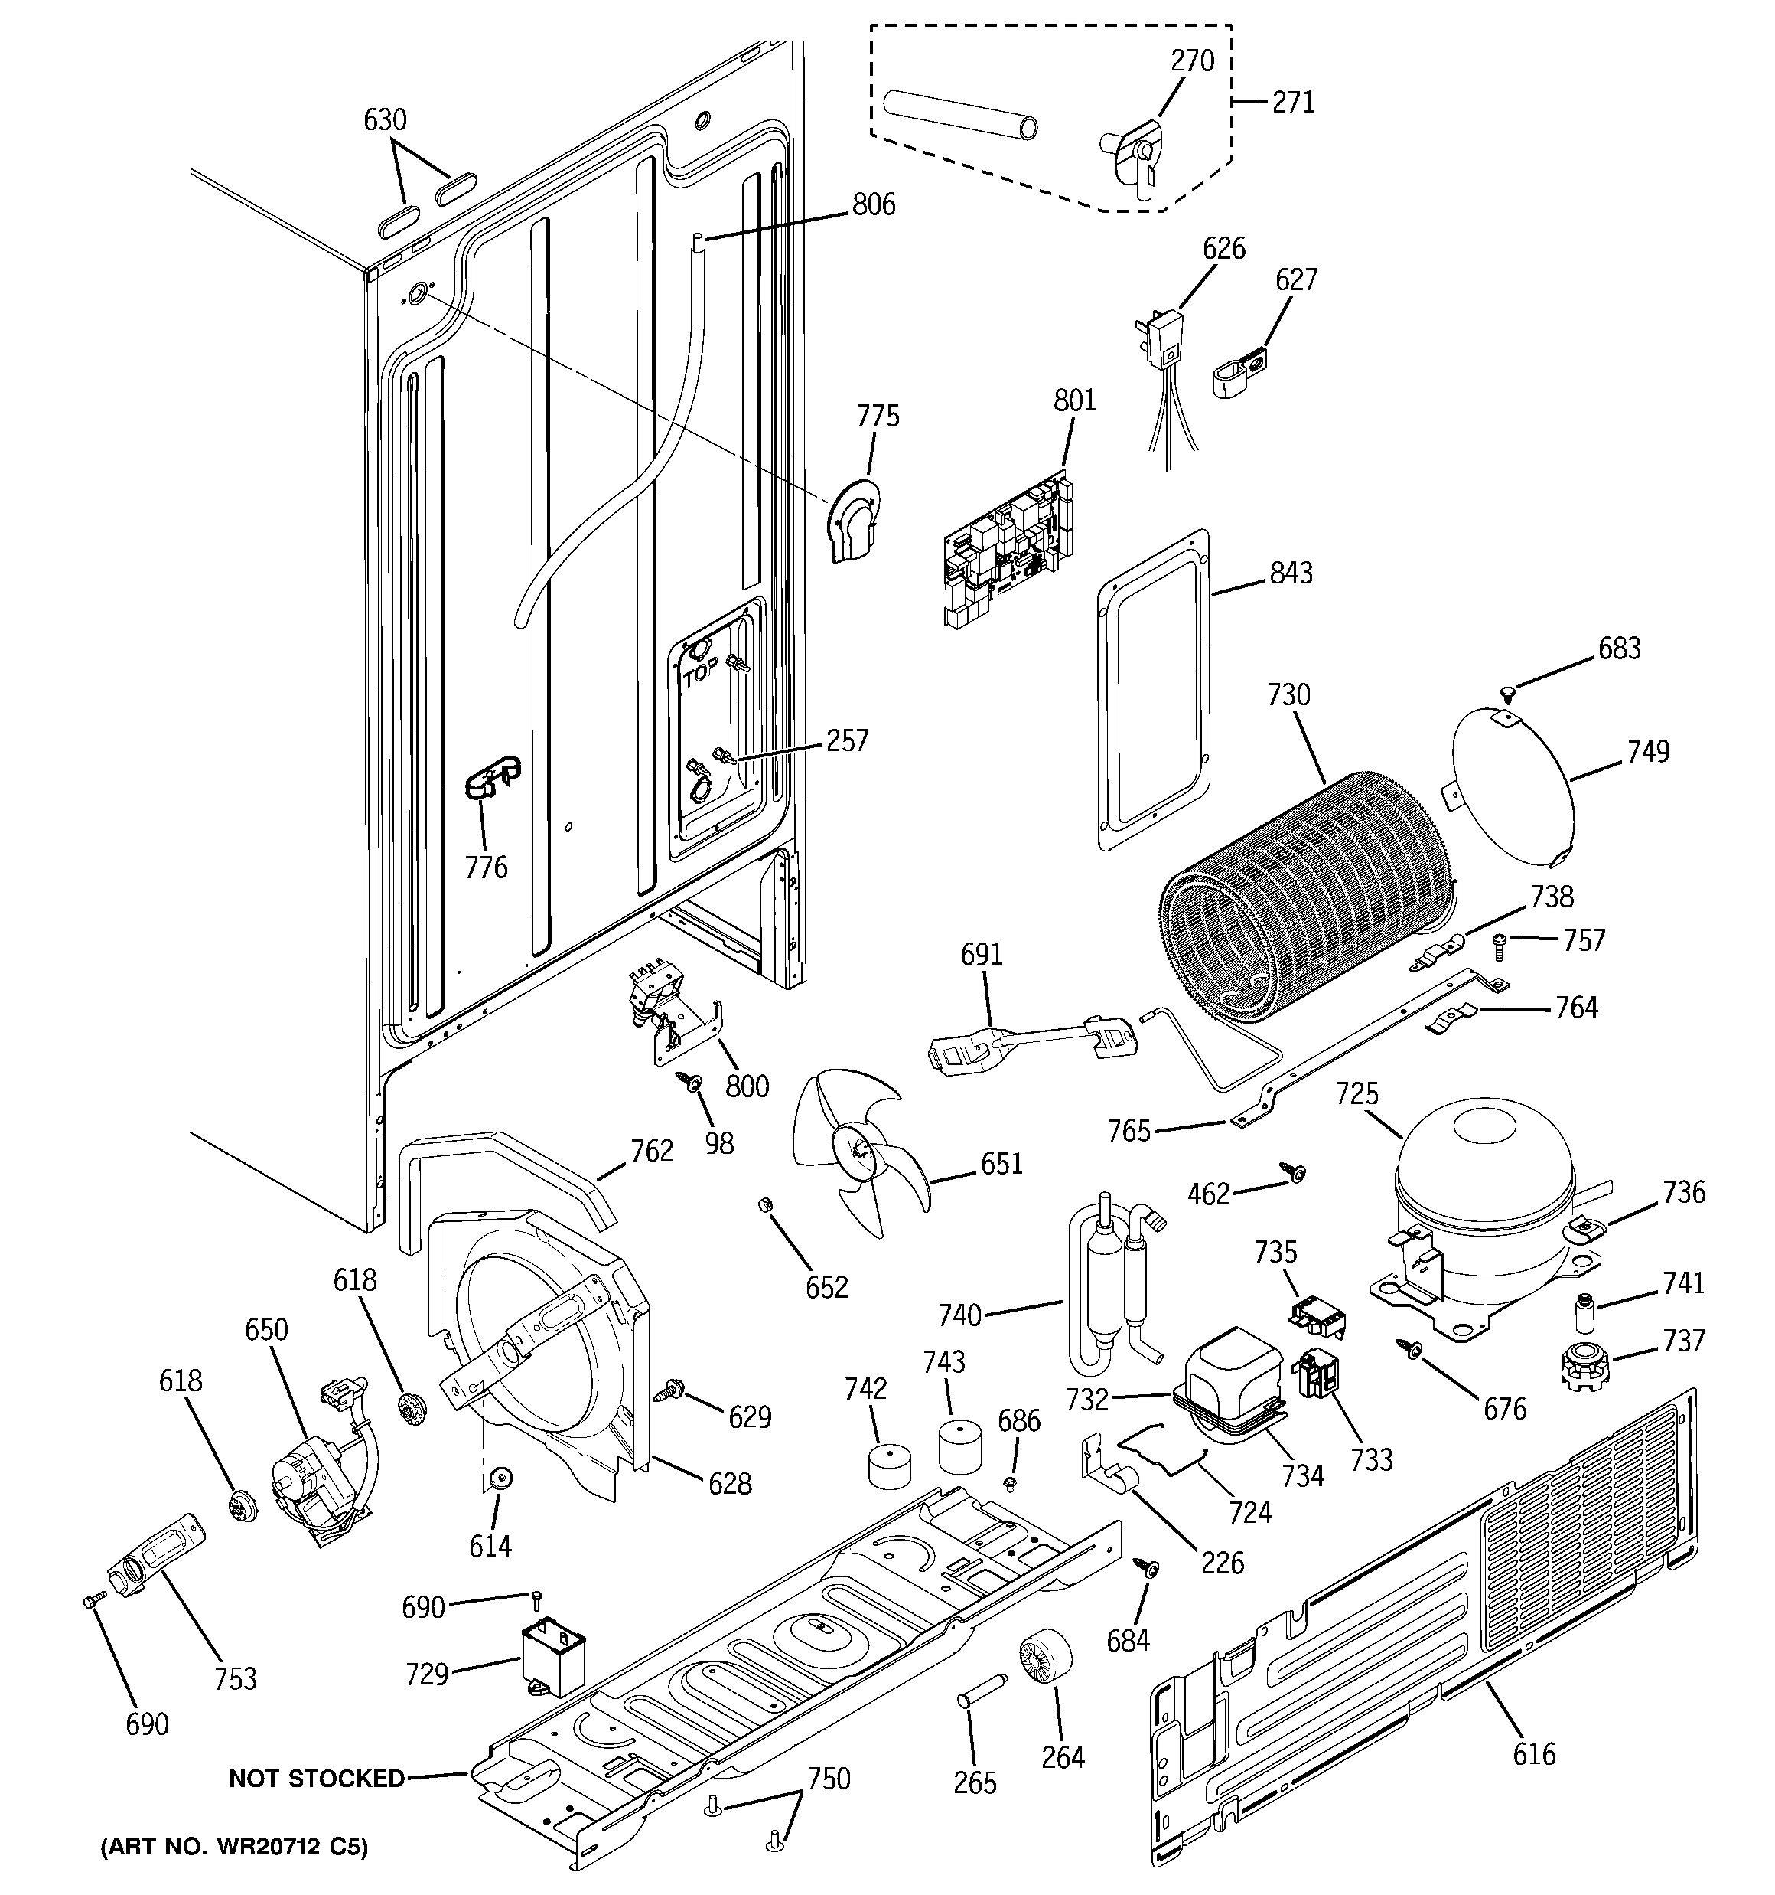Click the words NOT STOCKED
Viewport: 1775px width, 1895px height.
(x=316, y=1778)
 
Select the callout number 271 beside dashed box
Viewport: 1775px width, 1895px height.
(x=1293, y=102)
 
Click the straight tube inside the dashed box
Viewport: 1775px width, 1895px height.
(x=962, y=114)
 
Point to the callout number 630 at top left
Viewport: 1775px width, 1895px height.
(x=385, y=120)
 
